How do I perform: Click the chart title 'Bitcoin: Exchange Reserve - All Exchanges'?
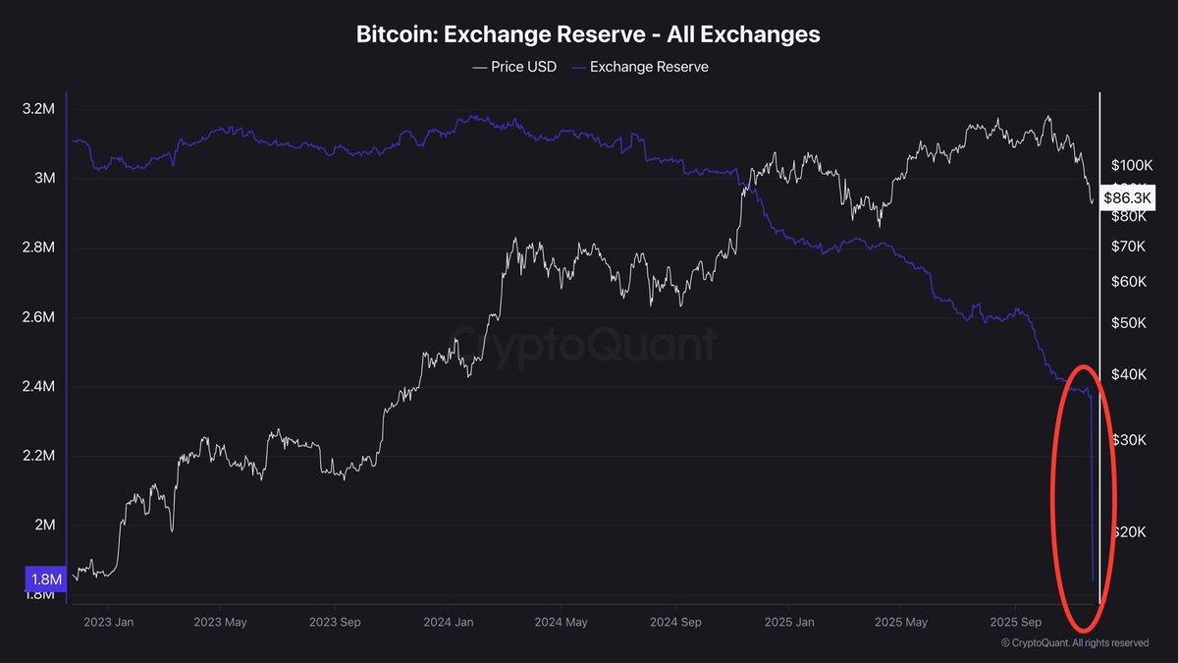pyautogui.click(x=588, y=34)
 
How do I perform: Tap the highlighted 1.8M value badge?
pyautogui.click(x=46, y=580)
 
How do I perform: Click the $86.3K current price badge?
pyautogui.click(x=1128, y=198)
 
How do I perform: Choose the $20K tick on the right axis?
pyautogui.click(x=1128, y=532)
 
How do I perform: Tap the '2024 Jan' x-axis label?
pyautogui.click(x=450, y=622)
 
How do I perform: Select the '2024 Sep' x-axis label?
pyautogui.click(x=675, y=622)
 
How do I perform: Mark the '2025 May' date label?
pyautogui.click(x=901, y=622)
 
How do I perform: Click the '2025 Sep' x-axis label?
pyautogui.click(x=1015, y=622)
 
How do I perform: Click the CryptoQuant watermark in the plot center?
pyautogui.click(x=583, y=345)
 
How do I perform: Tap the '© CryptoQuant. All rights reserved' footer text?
pyautogui.click(x=1074, y=643)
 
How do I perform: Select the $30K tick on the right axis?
pyautogui.click(x=1128, y=439)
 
